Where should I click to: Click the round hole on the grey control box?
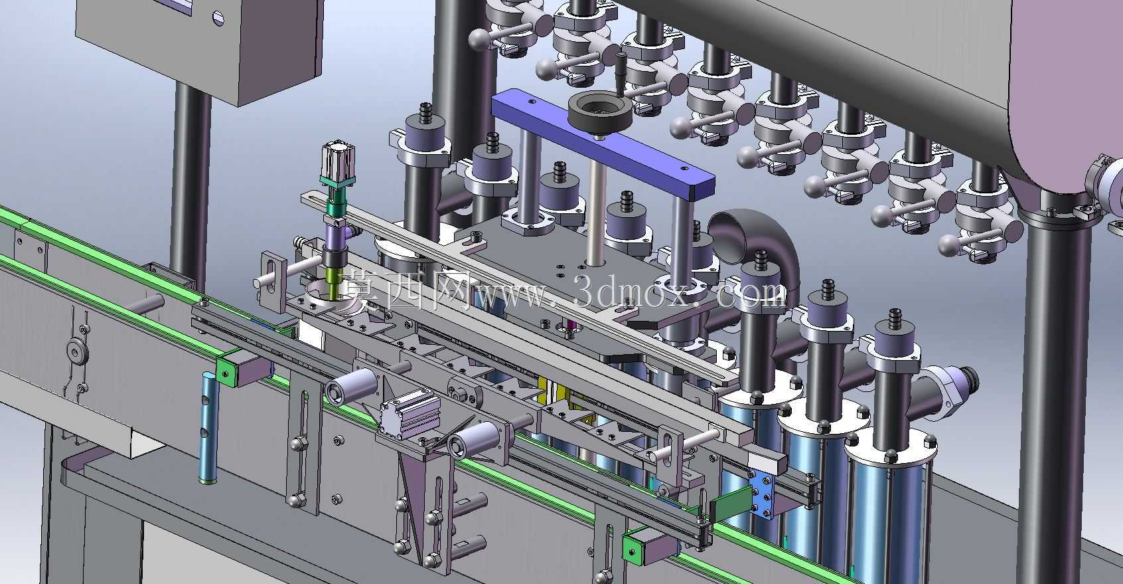(x=218, y=19)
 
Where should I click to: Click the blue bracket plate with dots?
(x=761, y=494)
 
